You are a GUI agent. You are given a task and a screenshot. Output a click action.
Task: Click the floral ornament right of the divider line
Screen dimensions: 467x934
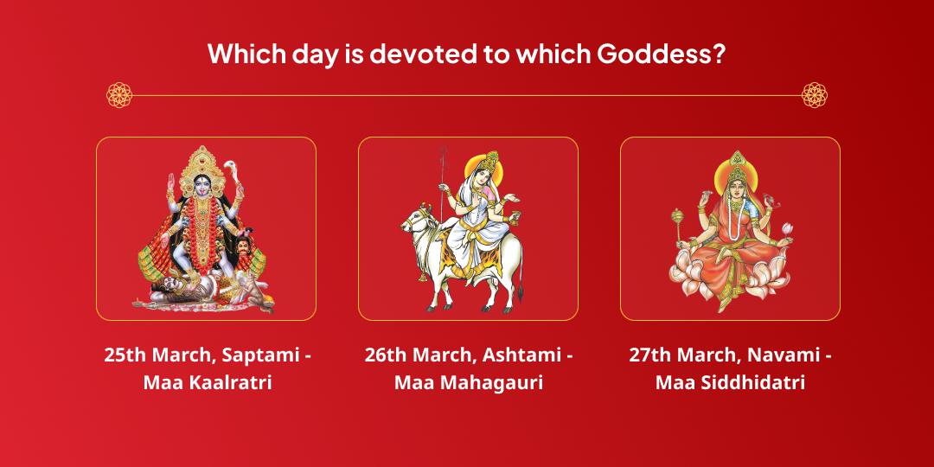pyautogui.click(x=815, y=95)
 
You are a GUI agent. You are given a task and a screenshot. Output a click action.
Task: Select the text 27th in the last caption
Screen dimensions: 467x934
pyautogui.click(x=649, y=355)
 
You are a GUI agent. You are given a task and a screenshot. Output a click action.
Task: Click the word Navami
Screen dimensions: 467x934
pyautogui.click(x=782, y=355)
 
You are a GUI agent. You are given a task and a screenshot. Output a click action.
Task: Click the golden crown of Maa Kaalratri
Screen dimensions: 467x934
pyautogui.click(x=206, y=162)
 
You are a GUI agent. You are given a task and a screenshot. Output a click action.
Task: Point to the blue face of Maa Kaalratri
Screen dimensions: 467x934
pyautogui.click(x=206, y=184)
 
